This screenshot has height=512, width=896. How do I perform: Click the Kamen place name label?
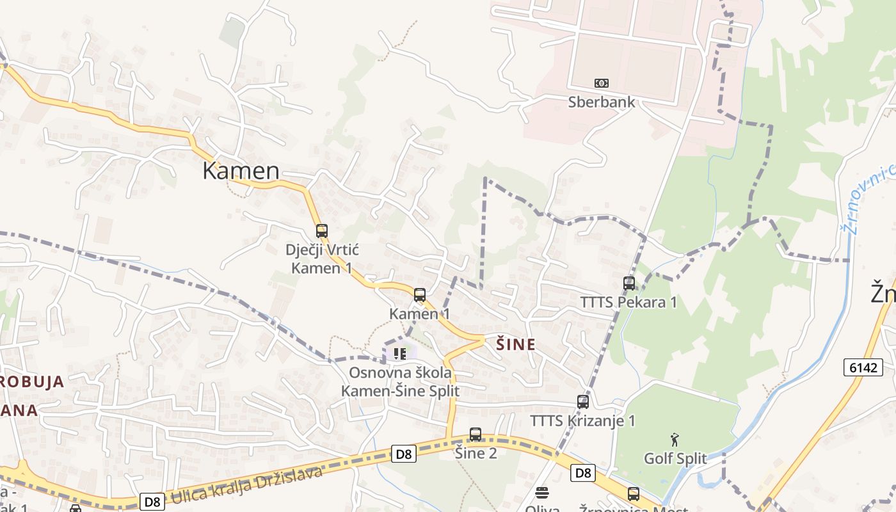(241, 171)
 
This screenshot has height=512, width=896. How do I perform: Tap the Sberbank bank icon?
(602, 83)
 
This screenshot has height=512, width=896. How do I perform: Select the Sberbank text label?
(602, 102)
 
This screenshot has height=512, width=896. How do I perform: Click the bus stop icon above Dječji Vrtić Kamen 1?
(322, 231)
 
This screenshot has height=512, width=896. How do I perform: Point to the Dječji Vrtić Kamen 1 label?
(322, 259)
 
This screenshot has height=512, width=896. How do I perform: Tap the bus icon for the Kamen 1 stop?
(420, 295)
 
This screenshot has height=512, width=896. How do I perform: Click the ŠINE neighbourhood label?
(516, 344)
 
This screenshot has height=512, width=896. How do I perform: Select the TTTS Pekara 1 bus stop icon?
(629, 283)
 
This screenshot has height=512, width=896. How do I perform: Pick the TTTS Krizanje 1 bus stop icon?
(583, 402)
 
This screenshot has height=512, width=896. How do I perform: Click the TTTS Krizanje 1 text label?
(582, 420)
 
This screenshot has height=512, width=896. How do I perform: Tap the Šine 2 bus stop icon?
(476, 435)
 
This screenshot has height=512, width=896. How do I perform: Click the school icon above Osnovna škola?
(400, 353)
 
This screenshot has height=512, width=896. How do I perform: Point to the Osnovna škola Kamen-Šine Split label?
(400, 381)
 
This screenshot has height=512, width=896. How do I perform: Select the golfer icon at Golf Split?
(675, 440)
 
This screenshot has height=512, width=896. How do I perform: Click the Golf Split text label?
(675, 458)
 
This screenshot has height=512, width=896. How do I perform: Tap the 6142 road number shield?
(863, 367)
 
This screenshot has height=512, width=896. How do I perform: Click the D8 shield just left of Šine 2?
(404, 454)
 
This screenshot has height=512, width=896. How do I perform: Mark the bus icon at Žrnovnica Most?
(634, 494)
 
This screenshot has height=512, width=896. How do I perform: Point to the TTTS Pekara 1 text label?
(628, 301)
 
